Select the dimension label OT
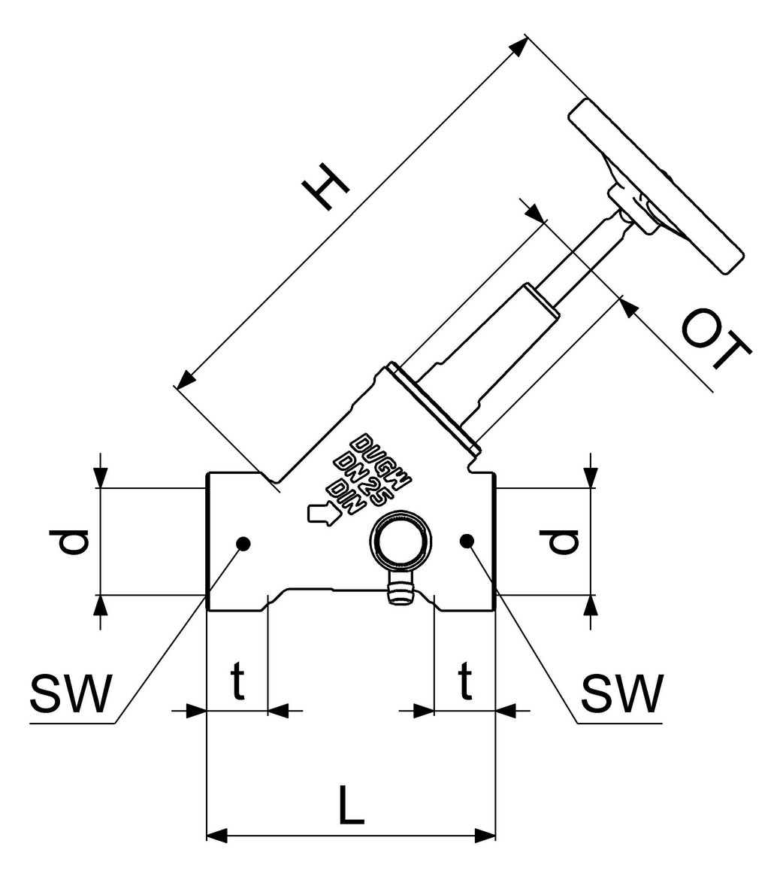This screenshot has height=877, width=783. (716, 340)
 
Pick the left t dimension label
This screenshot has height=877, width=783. (237, 681)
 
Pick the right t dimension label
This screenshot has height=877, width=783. (466, 681)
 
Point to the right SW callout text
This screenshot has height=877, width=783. (623, 693)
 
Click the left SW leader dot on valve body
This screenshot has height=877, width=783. (243, 542)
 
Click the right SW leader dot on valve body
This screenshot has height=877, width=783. (467, 539)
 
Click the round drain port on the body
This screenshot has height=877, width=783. (402, 545)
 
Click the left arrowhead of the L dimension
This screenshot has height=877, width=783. (216, 835)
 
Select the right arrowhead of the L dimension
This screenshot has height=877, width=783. (485, 835)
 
